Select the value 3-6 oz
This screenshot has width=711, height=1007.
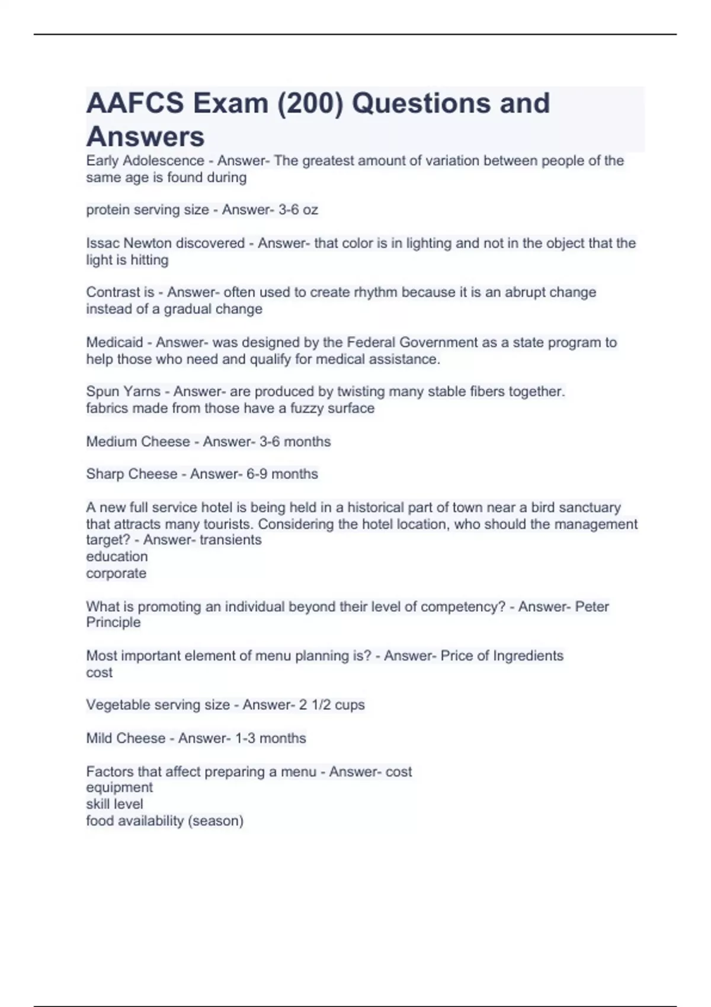pos(298,210)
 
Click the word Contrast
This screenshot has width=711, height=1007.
pos(111,293)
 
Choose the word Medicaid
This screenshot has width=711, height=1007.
pos(114,342)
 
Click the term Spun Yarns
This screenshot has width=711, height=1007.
pos(123,392)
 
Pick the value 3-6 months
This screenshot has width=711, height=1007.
pos(295,442)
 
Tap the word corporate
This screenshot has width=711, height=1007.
pos(116,573)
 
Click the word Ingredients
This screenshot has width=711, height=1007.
pos(528,656)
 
